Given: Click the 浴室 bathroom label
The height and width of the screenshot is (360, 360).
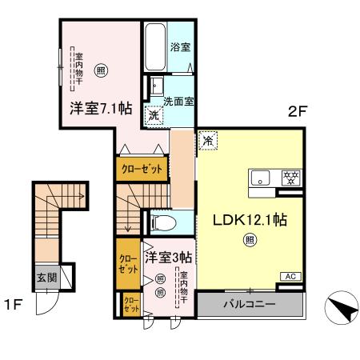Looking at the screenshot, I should tap(180, 47).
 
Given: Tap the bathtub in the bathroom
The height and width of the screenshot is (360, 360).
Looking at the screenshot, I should tap(154, 46).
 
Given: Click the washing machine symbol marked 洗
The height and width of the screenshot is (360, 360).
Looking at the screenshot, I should tap(153, 115).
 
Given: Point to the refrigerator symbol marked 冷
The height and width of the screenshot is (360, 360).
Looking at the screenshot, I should tap(207, 140).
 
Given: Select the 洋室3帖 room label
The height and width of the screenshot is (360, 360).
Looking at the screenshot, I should tap(168, 258).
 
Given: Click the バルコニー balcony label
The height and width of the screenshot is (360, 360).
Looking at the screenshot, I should tap(250, 305).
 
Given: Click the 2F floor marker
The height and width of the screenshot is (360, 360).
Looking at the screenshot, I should tap(298, 113).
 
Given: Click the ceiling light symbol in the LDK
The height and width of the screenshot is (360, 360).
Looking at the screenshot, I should tap(250, 238).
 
